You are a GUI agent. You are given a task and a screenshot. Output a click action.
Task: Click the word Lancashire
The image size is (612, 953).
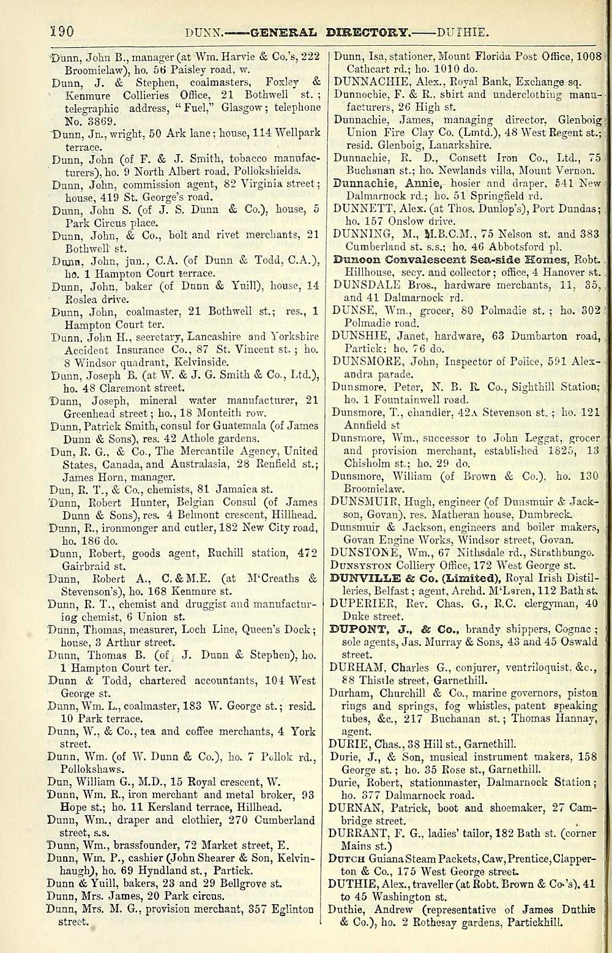[x=210, y=337]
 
